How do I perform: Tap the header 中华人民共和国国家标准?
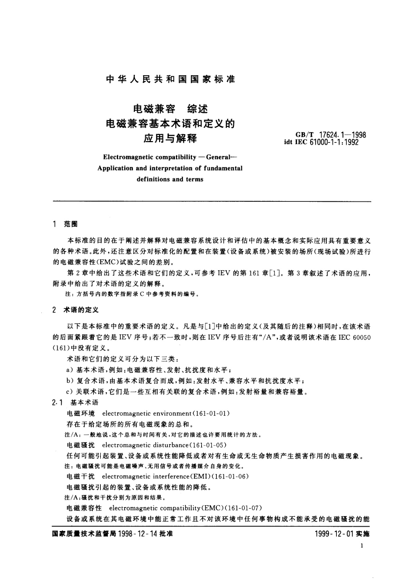pos(170,79)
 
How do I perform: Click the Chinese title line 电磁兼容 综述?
pos(170,109)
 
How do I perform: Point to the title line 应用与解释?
pos(170,139)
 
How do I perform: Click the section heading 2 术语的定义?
pos(75,310)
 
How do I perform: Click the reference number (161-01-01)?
pos(211,413)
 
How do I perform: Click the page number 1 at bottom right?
pos(361,545)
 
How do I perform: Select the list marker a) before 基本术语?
pos(70,370)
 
